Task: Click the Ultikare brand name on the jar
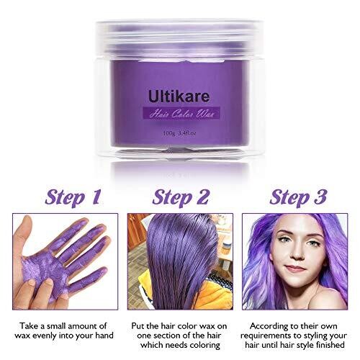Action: coord(179,96)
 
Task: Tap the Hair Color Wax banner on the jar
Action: coord(181,113)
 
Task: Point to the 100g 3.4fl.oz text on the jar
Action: coord(179,133)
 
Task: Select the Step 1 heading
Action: coord(73,197)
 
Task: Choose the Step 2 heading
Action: coord(181,197)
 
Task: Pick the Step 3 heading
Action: coord(298,197)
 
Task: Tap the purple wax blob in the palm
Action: coord(45,266)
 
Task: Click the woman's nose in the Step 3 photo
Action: coord(297,253)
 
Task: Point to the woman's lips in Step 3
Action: coord(296,268)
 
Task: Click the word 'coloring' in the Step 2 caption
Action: coord(204,346)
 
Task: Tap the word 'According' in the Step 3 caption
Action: coord(266,326)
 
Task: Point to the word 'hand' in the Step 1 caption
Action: coord(104,336)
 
